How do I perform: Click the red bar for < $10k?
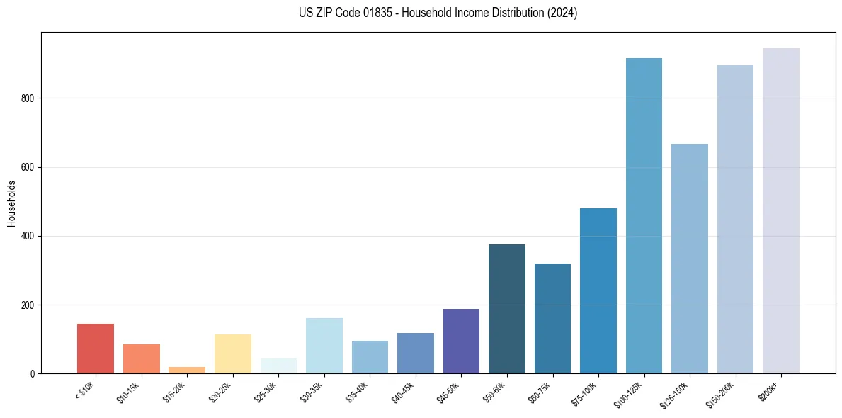[95, 349]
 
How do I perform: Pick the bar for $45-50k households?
[461, 341]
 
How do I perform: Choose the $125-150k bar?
[689, 259]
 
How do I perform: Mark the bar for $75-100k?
[598, 290]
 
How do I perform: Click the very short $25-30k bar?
[278, 366]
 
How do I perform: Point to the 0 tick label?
[33, 373]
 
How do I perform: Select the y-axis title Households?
[11, 203]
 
